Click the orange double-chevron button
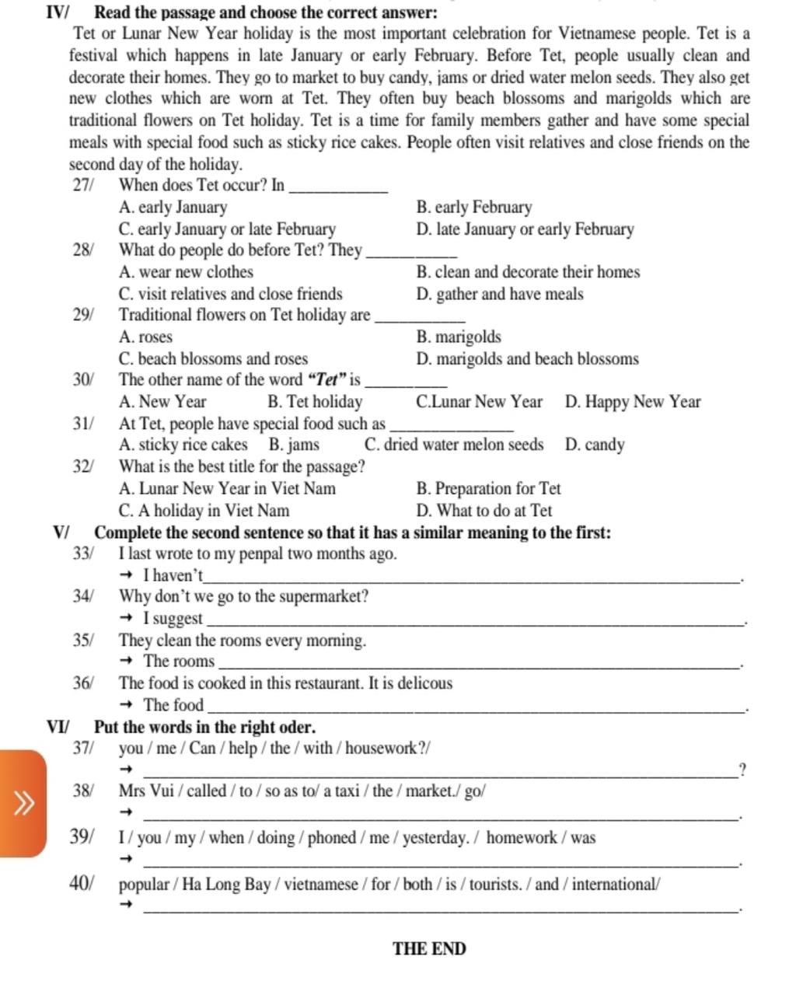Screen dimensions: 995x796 [23, 802]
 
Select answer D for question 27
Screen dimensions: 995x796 [525, 229]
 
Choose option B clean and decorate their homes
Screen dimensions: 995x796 [528, 272]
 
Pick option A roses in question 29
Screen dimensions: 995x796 [146, 337]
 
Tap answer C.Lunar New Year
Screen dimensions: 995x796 [479, 402]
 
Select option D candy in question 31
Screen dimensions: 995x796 [595, 445]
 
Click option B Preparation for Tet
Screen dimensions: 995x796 [488, 489]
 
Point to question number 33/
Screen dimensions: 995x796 [83, 554]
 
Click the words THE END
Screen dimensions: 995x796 [429, 949]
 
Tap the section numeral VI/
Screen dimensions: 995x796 [58, 728]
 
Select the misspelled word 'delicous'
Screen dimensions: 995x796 [423, 684]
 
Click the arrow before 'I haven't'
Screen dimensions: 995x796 [128, 576]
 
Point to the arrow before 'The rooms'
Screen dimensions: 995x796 [128, 662]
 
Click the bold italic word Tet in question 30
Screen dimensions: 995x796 [326, 380]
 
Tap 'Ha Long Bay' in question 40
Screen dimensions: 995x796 [227, 885]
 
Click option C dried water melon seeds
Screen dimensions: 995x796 [454, 445]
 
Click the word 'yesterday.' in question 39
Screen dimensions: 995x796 [435, 838]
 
